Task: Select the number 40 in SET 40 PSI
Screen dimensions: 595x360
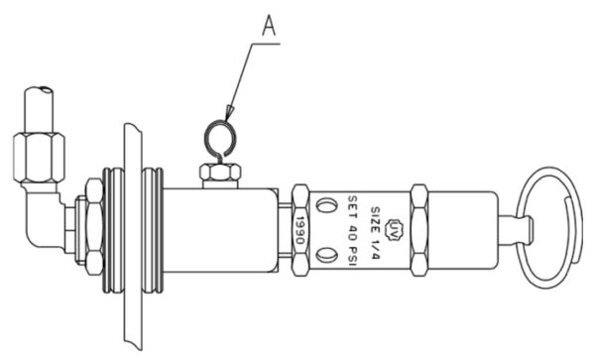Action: [x=355, y=235]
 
